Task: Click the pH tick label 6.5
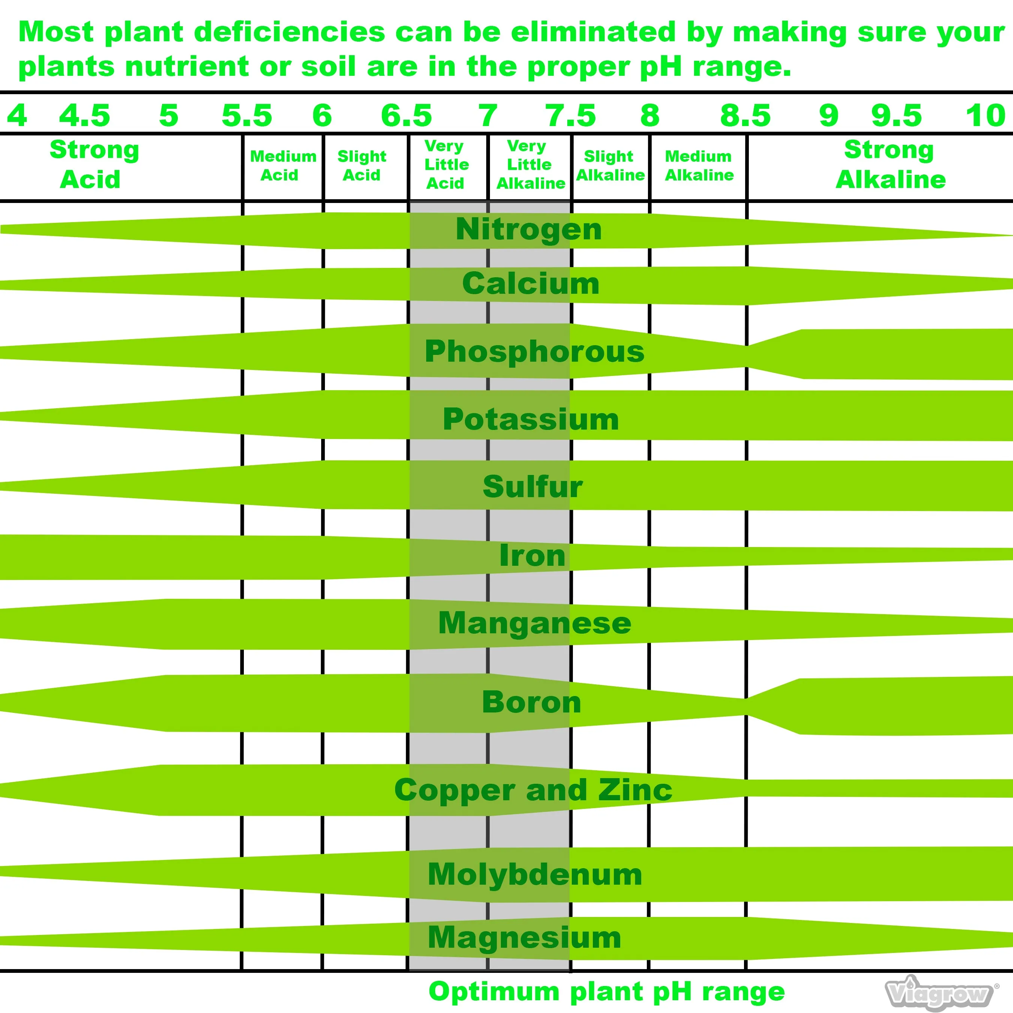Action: point(406,115)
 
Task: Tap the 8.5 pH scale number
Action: point(745,115)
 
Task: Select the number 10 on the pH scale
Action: point(986,115)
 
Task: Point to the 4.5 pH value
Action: point(84,115)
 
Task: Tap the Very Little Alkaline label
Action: point(530,165)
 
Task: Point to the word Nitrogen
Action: point(529,230)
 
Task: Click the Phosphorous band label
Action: point(534,351)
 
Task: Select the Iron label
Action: point(532,555)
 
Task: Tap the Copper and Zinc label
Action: point(533,790)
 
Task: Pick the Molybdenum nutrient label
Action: point(535,874)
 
